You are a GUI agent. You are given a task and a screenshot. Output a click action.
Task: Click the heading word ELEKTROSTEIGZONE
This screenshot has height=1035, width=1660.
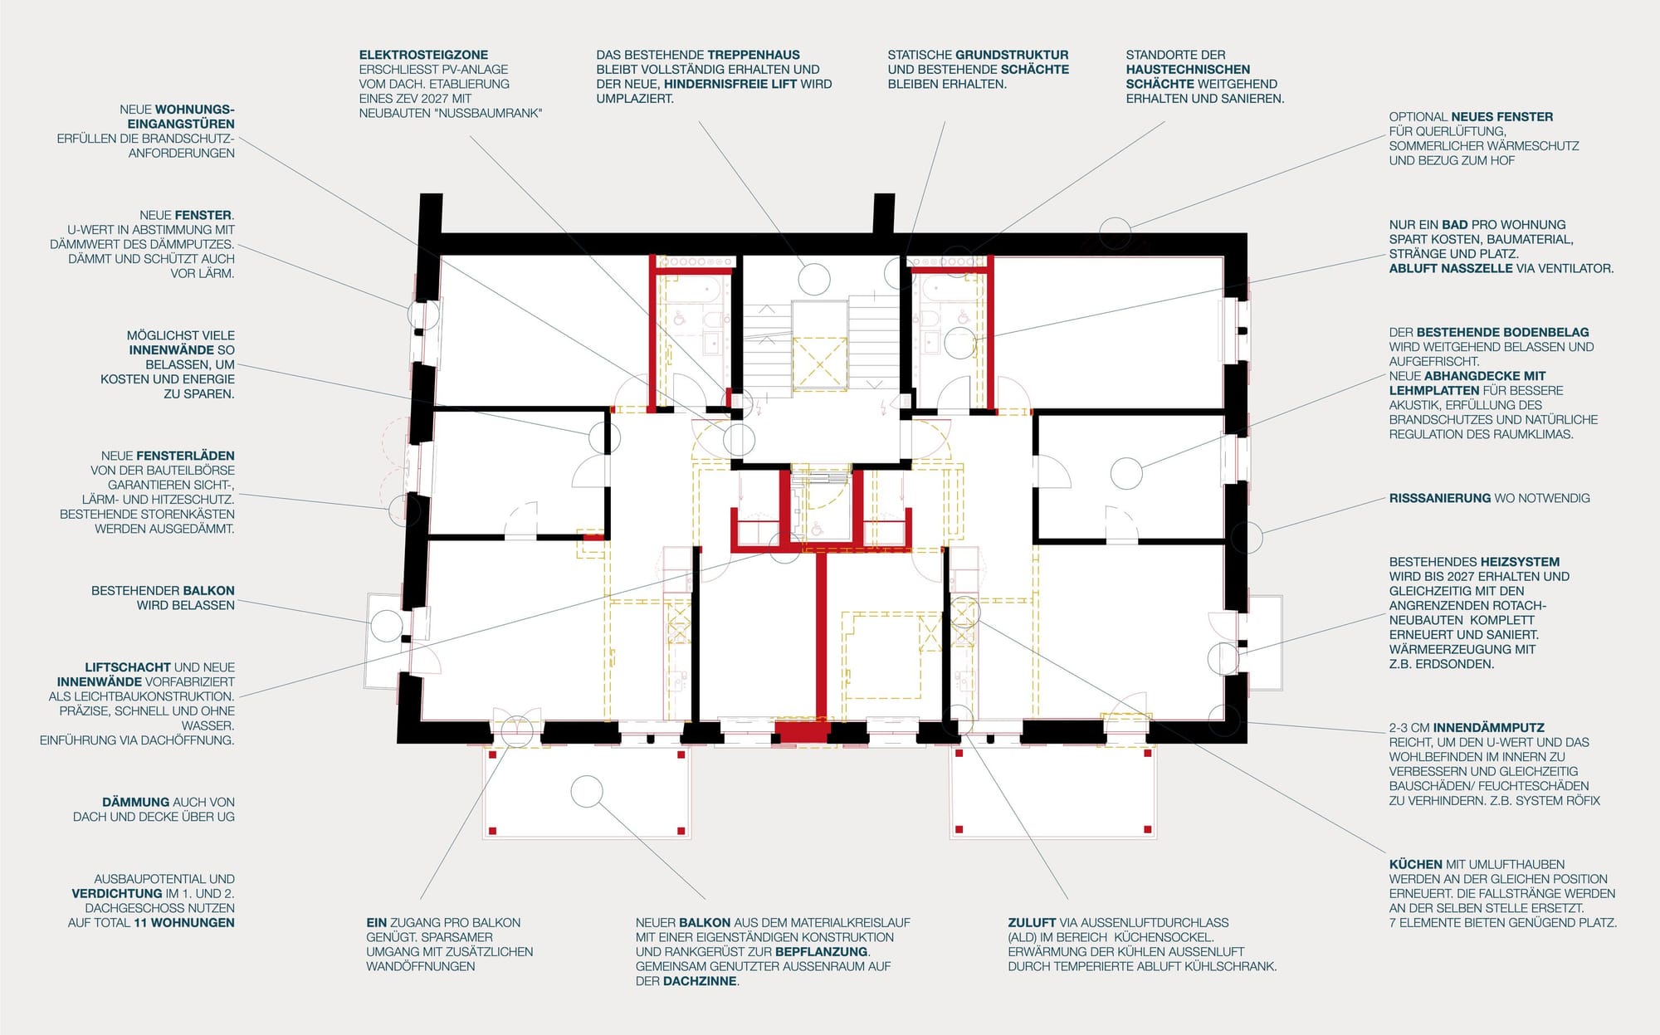pos(423,55)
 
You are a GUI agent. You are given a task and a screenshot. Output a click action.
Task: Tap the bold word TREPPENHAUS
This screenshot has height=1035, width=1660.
pos(754,55)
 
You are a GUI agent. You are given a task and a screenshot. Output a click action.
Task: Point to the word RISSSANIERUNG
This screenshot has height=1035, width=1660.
pos(1440,498)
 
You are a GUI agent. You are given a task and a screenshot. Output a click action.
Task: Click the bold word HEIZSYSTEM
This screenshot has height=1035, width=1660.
pos(1520,562)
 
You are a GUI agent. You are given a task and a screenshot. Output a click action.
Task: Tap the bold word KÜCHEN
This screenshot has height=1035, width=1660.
pos(1415,864)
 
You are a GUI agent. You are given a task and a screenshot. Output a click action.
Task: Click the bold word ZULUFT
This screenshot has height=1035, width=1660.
pos(1032,923)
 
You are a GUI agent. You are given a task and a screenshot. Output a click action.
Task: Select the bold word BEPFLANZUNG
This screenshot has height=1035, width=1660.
pos(822,952)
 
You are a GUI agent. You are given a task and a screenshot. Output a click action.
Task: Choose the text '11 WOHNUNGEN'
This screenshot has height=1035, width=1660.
pos(184,923)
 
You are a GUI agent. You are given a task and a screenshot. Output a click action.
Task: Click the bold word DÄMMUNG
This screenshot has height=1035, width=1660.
pos(135,803)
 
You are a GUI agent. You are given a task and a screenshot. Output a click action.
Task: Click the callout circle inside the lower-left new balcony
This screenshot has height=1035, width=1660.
pos(587,791)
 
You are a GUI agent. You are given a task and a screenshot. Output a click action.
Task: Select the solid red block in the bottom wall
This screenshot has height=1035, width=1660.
pos(802,732)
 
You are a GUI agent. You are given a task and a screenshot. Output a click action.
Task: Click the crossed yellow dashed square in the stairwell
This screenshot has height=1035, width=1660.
pos(819,364)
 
